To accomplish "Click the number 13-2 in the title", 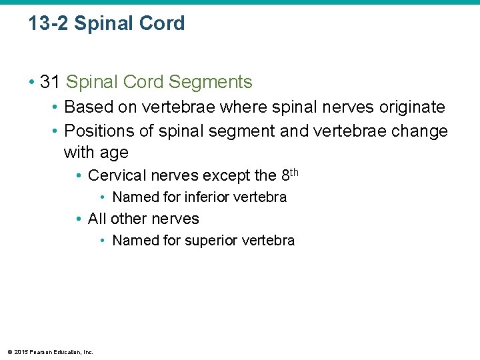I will (x=48, y=24).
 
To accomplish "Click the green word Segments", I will (x=211, y=82).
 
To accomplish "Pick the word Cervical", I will (x=115, y=175).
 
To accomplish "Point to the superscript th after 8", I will (x=293, y=172).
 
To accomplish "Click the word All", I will (x=97, y=219).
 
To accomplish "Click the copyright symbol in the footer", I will (x=9, y=351).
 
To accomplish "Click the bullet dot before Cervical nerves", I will (x=79, y=176).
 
